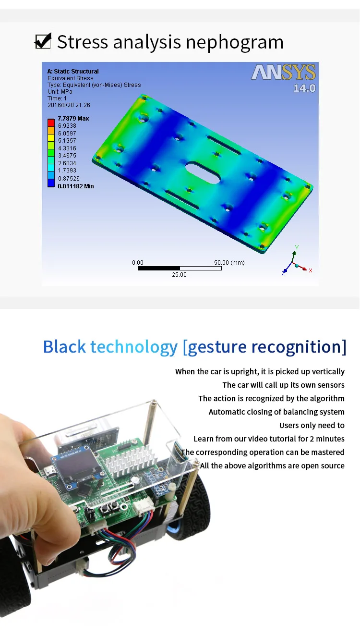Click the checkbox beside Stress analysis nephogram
coord(43,41)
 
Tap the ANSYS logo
coord(283,73)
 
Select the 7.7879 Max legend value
coord(73,118)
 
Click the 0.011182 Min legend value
coord(75,186)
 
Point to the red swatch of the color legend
coord(51,122)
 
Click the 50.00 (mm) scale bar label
coord(229,263)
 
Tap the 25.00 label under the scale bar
coord(179,274)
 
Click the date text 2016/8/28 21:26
coord(69,105)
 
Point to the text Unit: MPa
coord(60,91)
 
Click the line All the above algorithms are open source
coord(272,465)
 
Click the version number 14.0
coord(304,88)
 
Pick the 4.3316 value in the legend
coord(67,148)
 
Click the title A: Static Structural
coord(73,71)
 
